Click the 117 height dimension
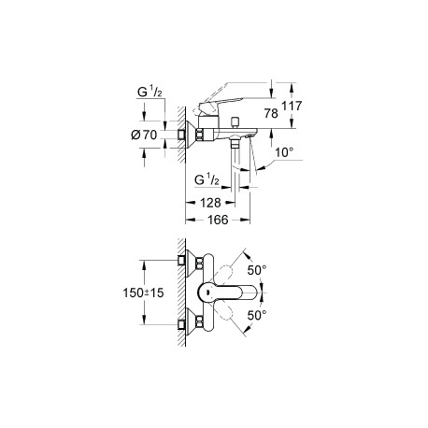click(292, 106)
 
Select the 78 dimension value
click(271, 113)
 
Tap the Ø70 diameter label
click(144, 135)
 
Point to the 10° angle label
click(284, 152)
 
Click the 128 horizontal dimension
click(210, 203)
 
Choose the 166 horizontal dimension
click(218, 220)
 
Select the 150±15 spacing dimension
click(143, 292)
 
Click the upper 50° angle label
click(257, 270)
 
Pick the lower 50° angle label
click(257, 315)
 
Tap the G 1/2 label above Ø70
click(150, 93)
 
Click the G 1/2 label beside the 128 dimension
click(207, 179)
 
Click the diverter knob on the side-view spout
click(235, 121)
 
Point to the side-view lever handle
click(219, 106)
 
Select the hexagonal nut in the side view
click(200, 135)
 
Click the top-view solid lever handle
click(227, 292)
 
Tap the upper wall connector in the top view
click(181, 261)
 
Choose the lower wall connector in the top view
click(181, 325)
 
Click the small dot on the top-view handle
click(207, 292)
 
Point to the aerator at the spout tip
click(249, 136)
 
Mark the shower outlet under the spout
click(235, 144)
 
